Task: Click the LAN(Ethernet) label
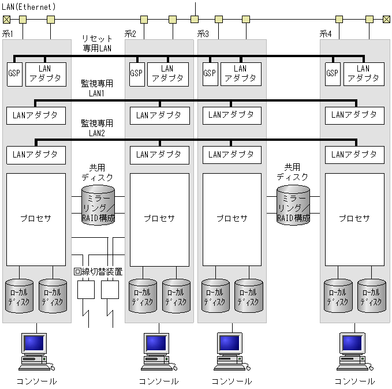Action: click(29, 7)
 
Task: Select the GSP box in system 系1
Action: click(14, 74)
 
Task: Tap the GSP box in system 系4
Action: click(332, 74)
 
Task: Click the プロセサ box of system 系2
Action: click(159, 219)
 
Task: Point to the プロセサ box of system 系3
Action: click(232, 219)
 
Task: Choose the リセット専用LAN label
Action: click(97, 43)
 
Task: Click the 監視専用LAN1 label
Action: click(97, 88)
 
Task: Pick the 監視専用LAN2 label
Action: click(97, 128)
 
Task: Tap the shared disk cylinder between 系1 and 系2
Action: click(98, 205)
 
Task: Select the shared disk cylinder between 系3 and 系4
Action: click(293, 205)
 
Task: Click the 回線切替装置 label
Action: click(98, 271)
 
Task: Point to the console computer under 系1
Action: click(36, 351)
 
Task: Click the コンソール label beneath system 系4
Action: click(354, 381)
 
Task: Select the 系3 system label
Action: click(203, 34)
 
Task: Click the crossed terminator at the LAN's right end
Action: click(386, 19)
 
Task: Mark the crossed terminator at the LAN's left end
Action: click(6, 19)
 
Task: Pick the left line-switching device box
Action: click(85, 289)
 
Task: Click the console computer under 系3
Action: click(230, 351)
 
